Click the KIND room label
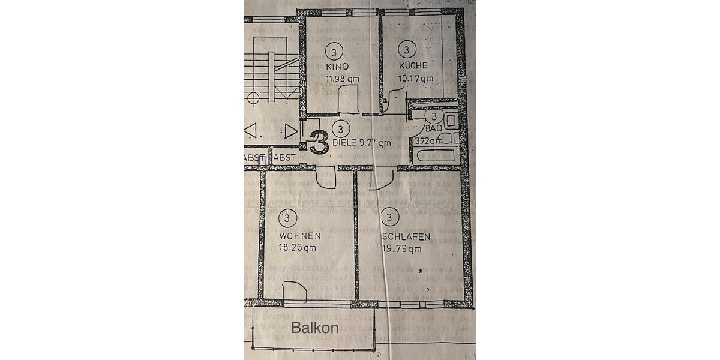pos(337,66)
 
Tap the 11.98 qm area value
pos(342,79)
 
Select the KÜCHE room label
pos(413,66)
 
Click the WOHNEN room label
pos(295,236)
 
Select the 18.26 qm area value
pos(298,247)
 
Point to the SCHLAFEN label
pos(406,237)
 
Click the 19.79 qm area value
pos(401,248)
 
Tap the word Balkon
pos(315,328)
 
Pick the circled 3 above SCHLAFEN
pos(390,217)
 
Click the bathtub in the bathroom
pos(434,157)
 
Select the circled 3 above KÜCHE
pos(407,50)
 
